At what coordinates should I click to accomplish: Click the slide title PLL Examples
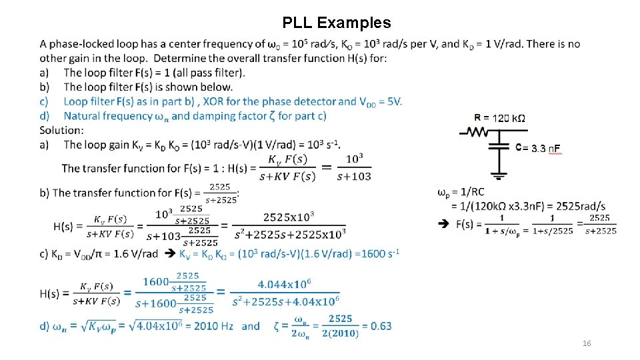point(337,23)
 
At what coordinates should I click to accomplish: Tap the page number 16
point(587,343)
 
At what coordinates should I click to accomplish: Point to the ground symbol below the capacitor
point(499,176)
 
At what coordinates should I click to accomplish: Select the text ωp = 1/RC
point(461,193)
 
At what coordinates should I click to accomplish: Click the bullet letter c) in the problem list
point(44,101)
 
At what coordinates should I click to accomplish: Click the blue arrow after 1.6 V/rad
point(169,253)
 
